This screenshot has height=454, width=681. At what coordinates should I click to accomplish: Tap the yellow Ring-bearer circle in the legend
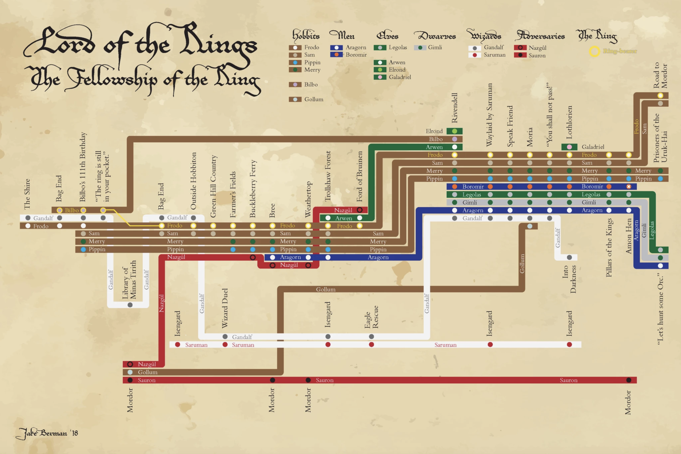594,51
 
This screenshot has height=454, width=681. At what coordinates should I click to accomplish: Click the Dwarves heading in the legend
435,36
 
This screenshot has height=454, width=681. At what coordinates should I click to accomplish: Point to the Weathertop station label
308,199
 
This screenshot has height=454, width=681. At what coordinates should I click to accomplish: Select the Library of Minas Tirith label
129,279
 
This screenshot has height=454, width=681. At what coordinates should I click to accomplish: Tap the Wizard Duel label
225,308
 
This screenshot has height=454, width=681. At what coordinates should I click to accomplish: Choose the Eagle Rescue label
371,317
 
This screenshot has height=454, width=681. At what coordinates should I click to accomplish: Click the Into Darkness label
569,279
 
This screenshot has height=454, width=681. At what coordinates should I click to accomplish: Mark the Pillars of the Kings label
609,248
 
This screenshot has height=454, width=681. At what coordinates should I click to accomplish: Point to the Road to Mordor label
660,75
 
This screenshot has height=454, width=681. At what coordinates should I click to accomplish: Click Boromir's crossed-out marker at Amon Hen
629,187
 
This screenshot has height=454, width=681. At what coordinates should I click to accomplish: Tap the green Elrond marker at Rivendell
455,131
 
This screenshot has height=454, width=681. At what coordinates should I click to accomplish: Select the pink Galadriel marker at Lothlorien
569,147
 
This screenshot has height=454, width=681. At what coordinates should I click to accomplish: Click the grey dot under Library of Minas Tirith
130,305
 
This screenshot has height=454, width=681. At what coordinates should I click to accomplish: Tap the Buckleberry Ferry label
253,189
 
